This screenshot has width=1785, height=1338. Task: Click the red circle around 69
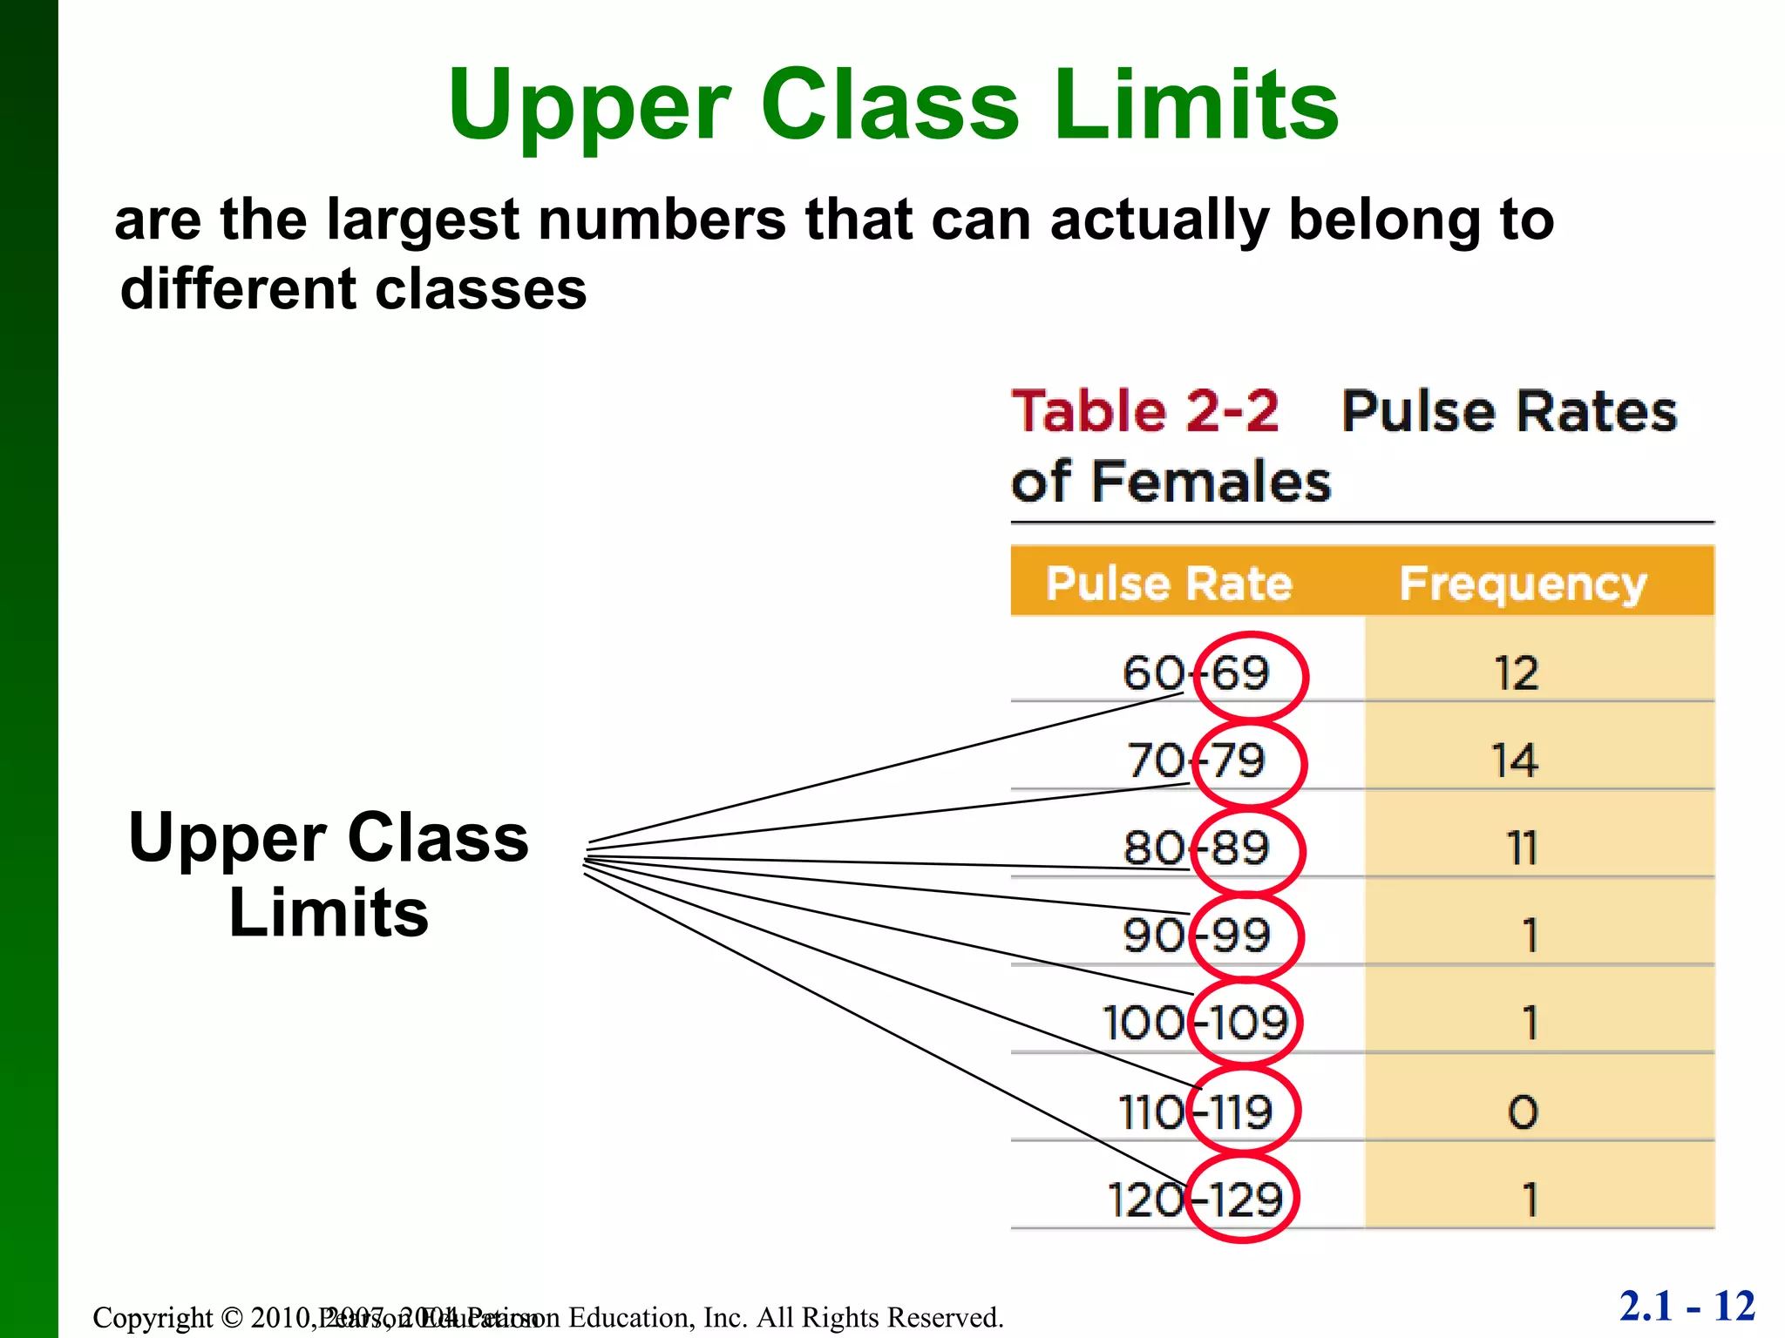pos(1250,675)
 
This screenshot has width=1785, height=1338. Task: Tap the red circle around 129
pos(1244,1199)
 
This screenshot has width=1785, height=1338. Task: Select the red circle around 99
pos(1248,936)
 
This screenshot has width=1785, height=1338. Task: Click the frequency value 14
pos(1515,760)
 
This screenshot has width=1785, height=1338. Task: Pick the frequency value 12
pos(1517,673)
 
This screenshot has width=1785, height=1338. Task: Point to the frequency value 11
pos(1522,848)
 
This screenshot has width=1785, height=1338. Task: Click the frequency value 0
pos(1524,1112)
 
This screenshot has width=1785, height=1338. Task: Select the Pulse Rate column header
pos(1169,583)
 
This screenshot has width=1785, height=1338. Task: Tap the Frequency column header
pos(1523,584)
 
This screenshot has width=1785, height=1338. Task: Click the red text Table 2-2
pos(1145,411)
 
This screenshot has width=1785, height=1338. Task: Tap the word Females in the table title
pos(1211,482)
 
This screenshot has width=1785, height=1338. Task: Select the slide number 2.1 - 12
pos(1687,1307)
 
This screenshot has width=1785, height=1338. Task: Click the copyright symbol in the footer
pos(231,1317)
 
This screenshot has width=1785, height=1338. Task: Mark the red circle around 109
pos(1245,1024)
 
